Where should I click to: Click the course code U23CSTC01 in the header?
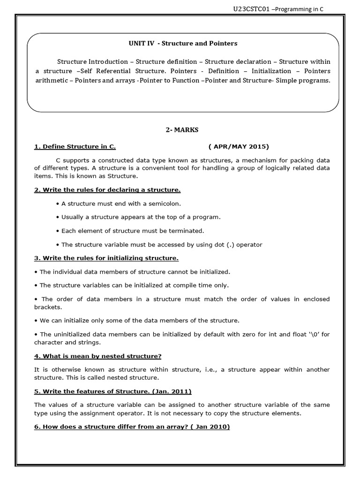click(251, 9)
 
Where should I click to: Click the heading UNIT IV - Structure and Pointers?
click(183, 44)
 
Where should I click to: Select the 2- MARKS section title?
click(182, 130)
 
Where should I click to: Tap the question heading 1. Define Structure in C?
click(75, 146)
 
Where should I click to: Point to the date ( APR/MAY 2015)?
click(239, 146)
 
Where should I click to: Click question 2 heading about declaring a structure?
click(107, 189)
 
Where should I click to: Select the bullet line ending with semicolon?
click(118, 203)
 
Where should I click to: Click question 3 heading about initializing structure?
click(106, 258)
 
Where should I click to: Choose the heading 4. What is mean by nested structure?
click(97, 356)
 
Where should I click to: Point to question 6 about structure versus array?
click(132, 427)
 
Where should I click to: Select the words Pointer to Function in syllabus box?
click(172, 80)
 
